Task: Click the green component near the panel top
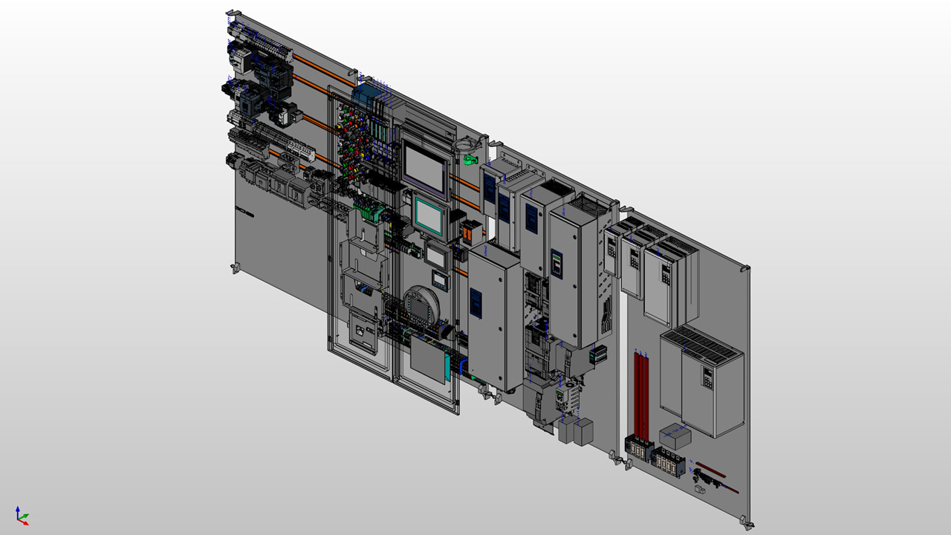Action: point(468,158)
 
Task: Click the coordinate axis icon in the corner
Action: point(22,515)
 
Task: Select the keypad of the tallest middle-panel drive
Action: point(556,262)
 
